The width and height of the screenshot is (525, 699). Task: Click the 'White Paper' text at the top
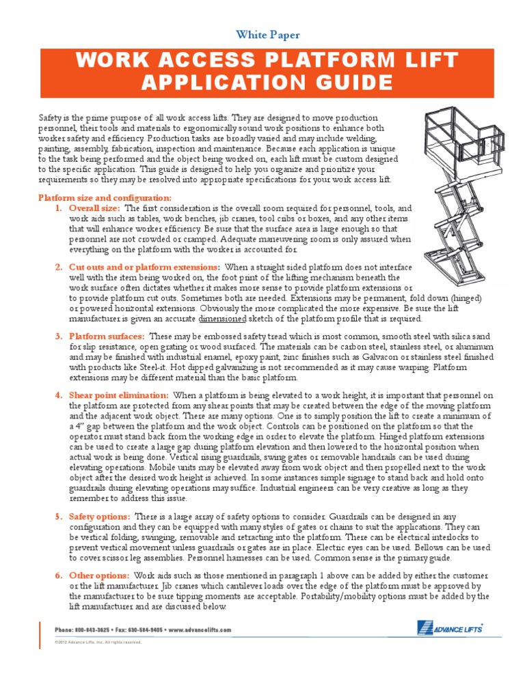[267, 34]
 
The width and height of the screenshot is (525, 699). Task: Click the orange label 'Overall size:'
[94, 208]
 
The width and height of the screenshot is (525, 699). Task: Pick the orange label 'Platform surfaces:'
[107, 336]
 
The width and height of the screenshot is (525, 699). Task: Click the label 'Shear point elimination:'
[118, 395]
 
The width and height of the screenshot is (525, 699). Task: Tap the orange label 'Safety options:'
[100, 517]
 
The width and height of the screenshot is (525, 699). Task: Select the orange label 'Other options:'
[98, 576]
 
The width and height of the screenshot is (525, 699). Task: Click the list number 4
[58, 395]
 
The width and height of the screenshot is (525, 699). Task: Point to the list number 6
[58, 576]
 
